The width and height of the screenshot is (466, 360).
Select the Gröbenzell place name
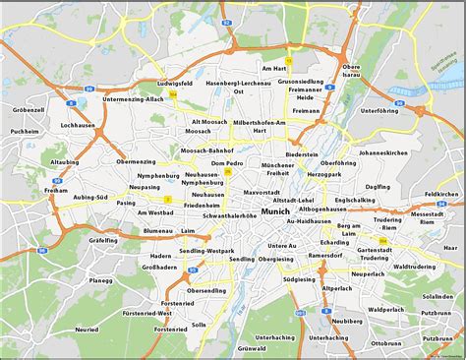pyautogui.click(x=29, y=110)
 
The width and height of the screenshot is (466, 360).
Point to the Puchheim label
pyautogui.click(x=24, y=131)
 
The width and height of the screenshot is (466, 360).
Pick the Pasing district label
pyautogui.click(x=126, y=202)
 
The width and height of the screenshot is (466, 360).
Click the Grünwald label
pyautogui.click(x=253, y=348)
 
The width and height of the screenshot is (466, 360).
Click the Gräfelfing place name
pyautogui.click(x=75, y=239)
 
